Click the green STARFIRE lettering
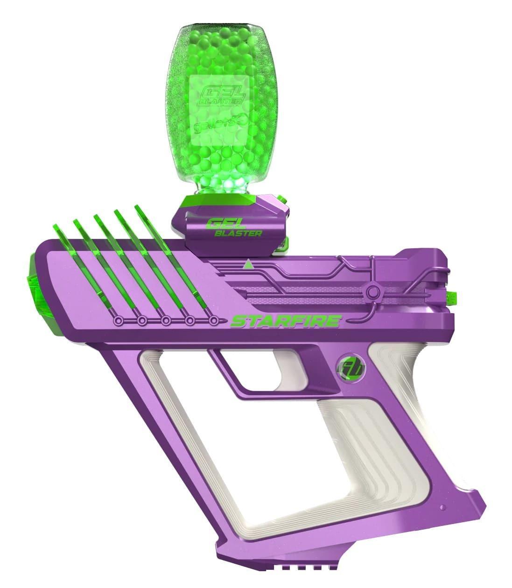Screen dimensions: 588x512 coord(286,322)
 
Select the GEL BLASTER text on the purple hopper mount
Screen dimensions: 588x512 coord(233,228)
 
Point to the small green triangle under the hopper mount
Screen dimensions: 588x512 coord(248,265)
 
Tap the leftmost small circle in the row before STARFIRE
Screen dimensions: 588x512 coord(119,321)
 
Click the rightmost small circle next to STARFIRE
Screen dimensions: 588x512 coord(213,321)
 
